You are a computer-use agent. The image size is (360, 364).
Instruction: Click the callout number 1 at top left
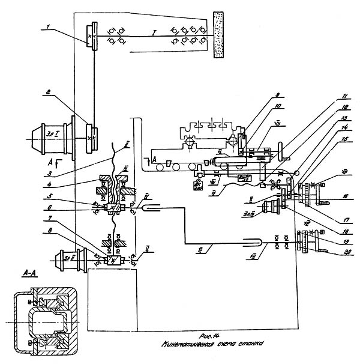coord(50,26)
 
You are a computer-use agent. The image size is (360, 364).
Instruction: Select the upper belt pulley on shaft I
coord(92,37)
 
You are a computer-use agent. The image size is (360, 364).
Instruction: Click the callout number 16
coord(344,196)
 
